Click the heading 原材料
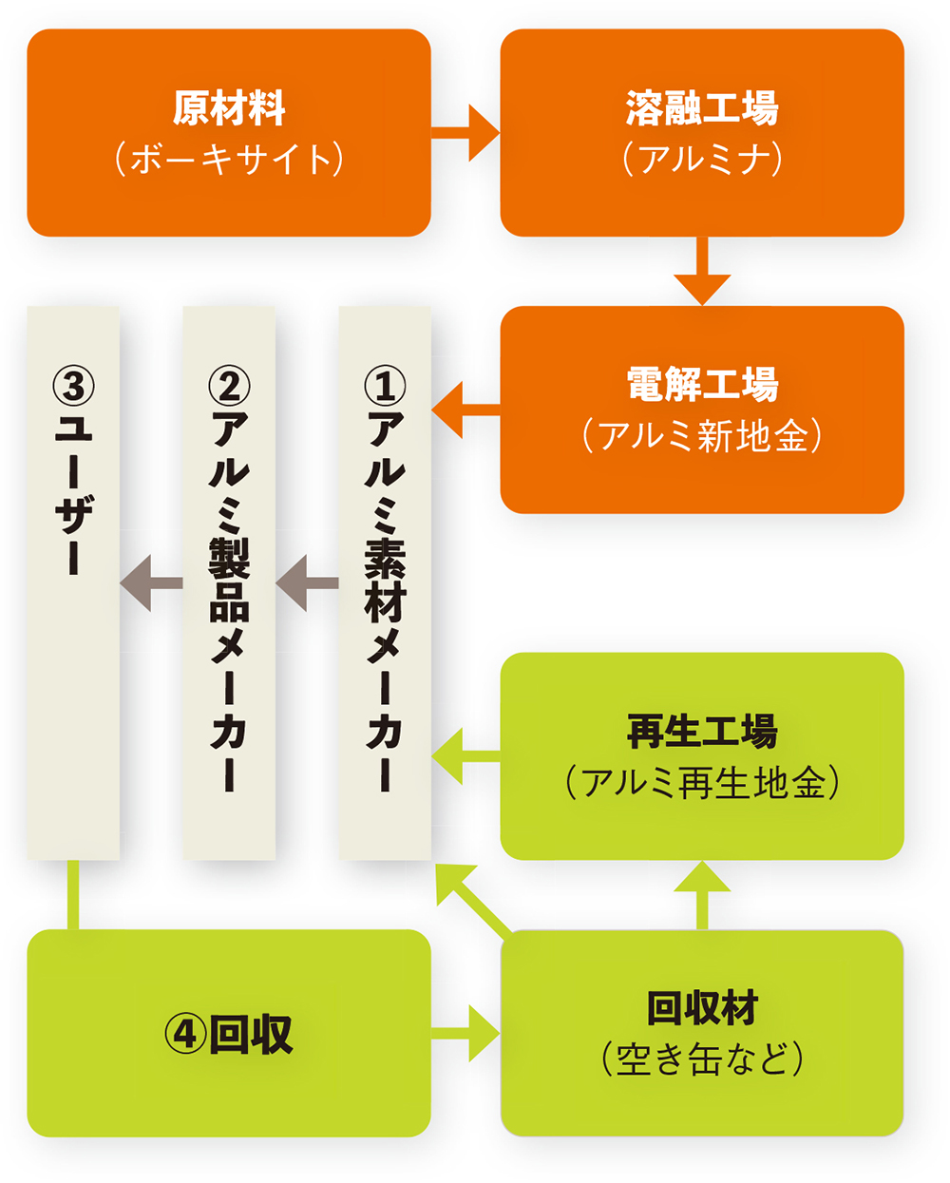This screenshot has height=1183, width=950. (229, 108)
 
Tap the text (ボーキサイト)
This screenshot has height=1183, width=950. (229, 159)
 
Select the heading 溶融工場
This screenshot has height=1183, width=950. (702, 108)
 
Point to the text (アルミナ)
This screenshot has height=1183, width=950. (702, 159)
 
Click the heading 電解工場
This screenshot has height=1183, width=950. (702, 385)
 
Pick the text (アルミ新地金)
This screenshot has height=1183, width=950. (702, 435)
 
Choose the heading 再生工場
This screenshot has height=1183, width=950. (702, 732)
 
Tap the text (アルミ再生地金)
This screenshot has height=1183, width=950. (702, 783)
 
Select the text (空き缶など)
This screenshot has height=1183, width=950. (702, 1059)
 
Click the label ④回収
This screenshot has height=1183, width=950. (229, 1034)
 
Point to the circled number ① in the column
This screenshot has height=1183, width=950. (385, 386)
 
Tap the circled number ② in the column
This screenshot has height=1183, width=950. (229, 386)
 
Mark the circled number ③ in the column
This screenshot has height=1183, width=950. (73, 386)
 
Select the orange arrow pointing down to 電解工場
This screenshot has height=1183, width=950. (702, 271)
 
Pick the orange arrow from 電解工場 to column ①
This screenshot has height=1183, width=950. (465, 410)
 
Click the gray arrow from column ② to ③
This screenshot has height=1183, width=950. (150, 582)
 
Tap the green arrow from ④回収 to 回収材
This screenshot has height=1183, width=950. (465, 1033)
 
